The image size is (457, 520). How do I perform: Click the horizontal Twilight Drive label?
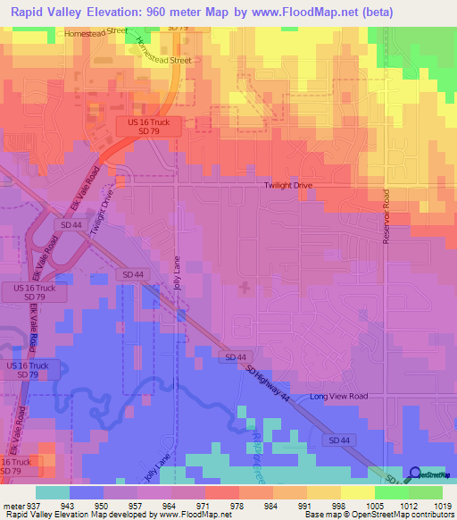(x=287, y=185)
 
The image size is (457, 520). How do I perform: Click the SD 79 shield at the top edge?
(x=178, y=28)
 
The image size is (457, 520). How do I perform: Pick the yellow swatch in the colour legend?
(x=356, y=492)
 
